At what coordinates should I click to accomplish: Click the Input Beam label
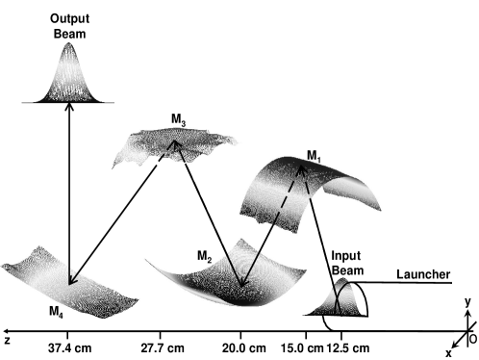coord(347,263)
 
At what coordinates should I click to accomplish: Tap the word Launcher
coord(423,275)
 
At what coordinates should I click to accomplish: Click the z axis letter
coord(7,340)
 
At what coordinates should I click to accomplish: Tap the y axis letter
coord(466,301)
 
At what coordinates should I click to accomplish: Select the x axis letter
coord(448,352)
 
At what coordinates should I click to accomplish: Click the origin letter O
coord(471,338)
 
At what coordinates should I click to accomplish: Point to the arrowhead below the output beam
coord(68,109)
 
